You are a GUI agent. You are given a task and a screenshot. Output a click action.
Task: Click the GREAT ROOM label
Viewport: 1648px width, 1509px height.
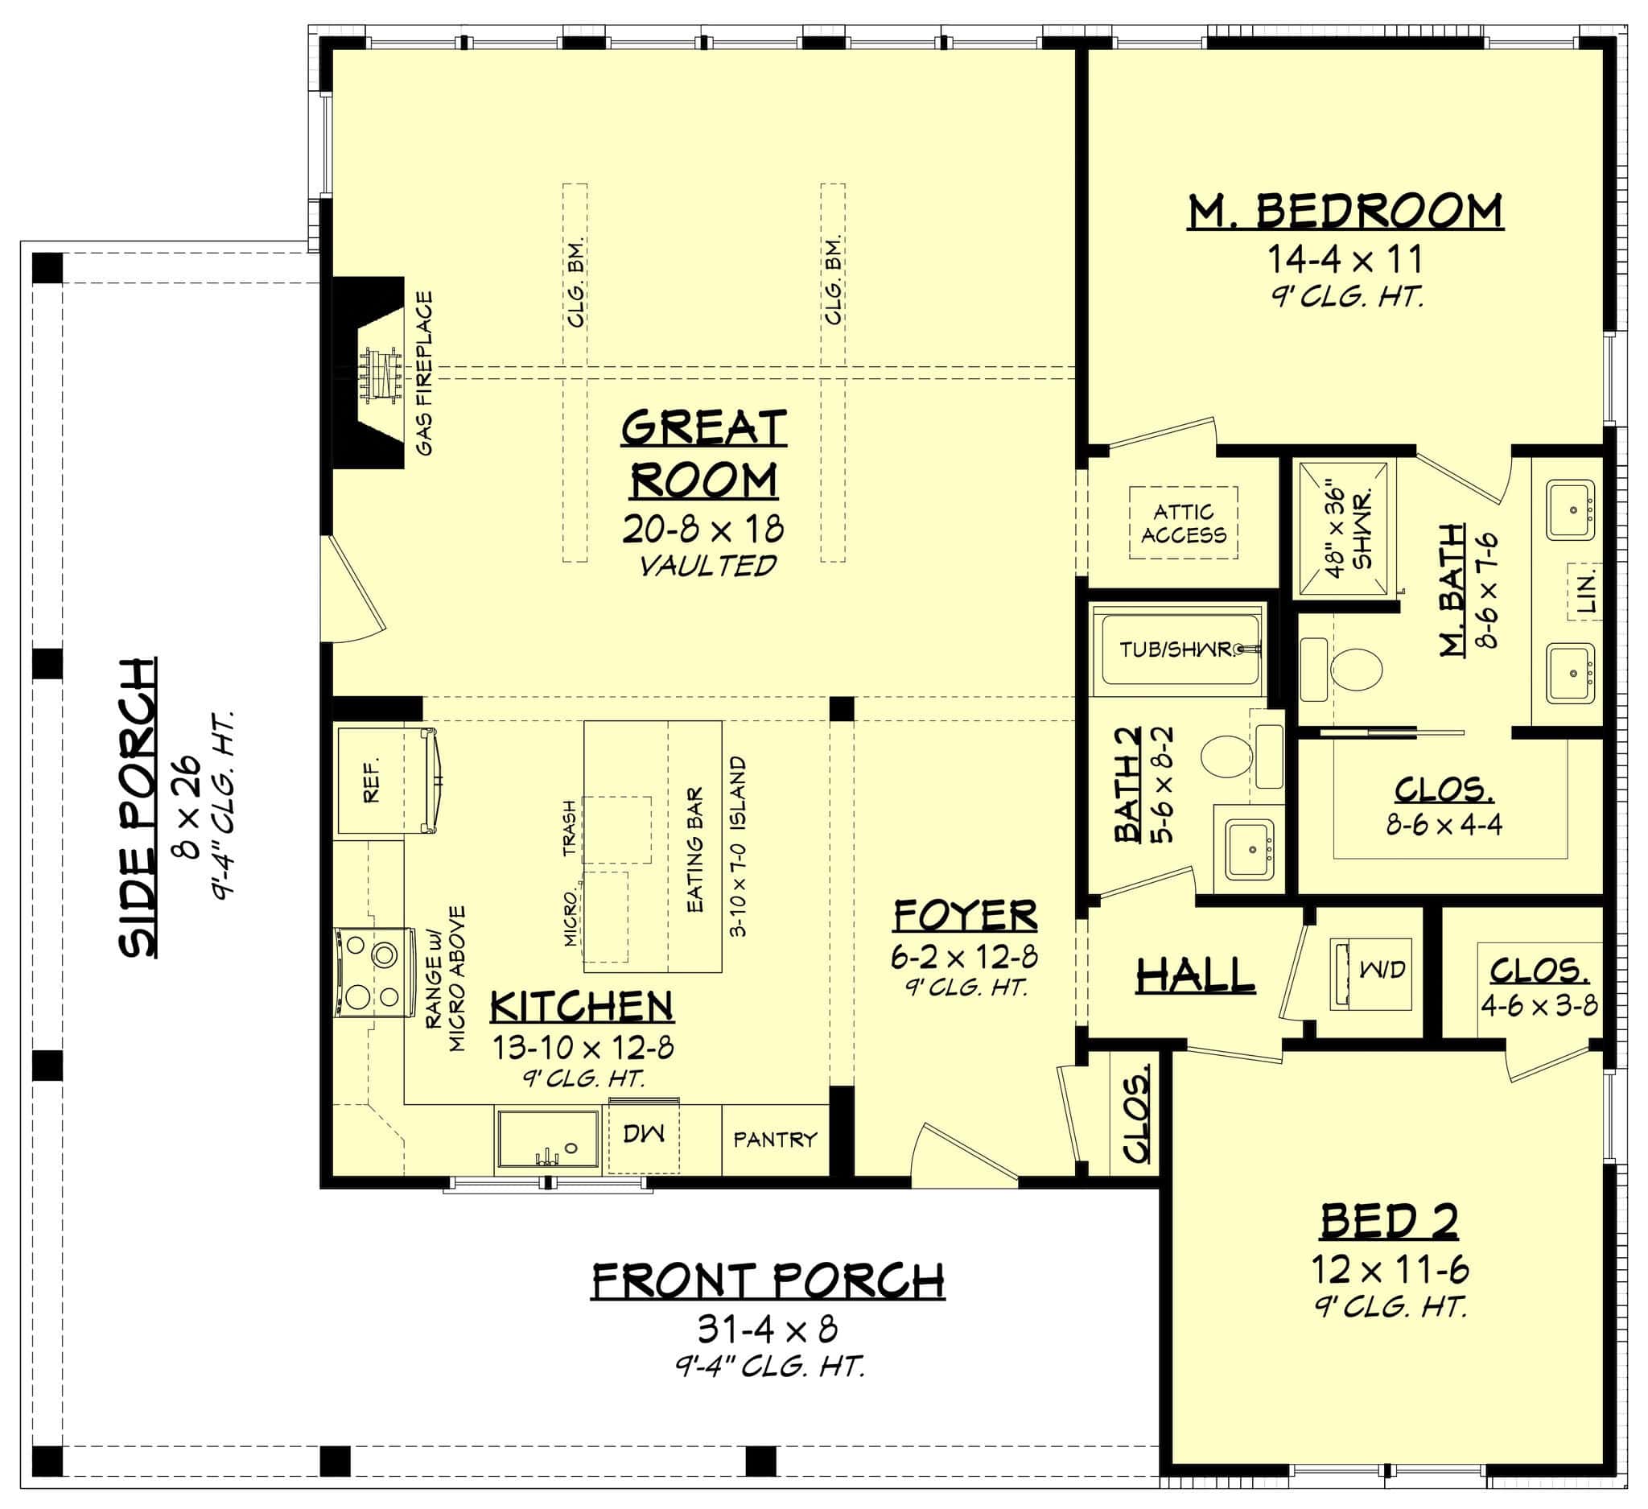point(704,455)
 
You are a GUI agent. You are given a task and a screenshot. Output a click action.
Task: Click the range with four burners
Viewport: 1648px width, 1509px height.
point(373,973)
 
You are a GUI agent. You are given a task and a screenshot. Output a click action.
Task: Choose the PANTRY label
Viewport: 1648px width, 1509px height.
point(775,1140)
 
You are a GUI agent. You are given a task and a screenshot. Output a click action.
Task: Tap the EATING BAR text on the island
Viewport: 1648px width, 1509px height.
point(694,850)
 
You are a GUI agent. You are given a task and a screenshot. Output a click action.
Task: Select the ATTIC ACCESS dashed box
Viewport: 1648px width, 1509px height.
point(1183,523)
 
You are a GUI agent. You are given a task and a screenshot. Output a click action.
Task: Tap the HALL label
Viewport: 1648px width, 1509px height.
point(1196,975)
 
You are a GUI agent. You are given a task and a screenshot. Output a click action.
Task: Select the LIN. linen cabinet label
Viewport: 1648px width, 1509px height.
point(1587,591)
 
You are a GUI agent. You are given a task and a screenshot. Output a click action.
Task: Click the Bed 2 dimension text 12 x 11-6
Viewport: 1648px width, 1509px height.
point(1390,1270)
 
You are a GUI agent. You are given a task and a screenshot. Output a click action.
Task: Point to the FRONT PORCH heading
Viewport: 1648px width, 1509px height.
point(768,1282)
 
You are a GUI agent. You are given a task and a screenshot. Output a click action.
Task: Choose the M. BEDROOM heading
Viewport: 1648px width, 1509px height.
point(1345,212)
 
